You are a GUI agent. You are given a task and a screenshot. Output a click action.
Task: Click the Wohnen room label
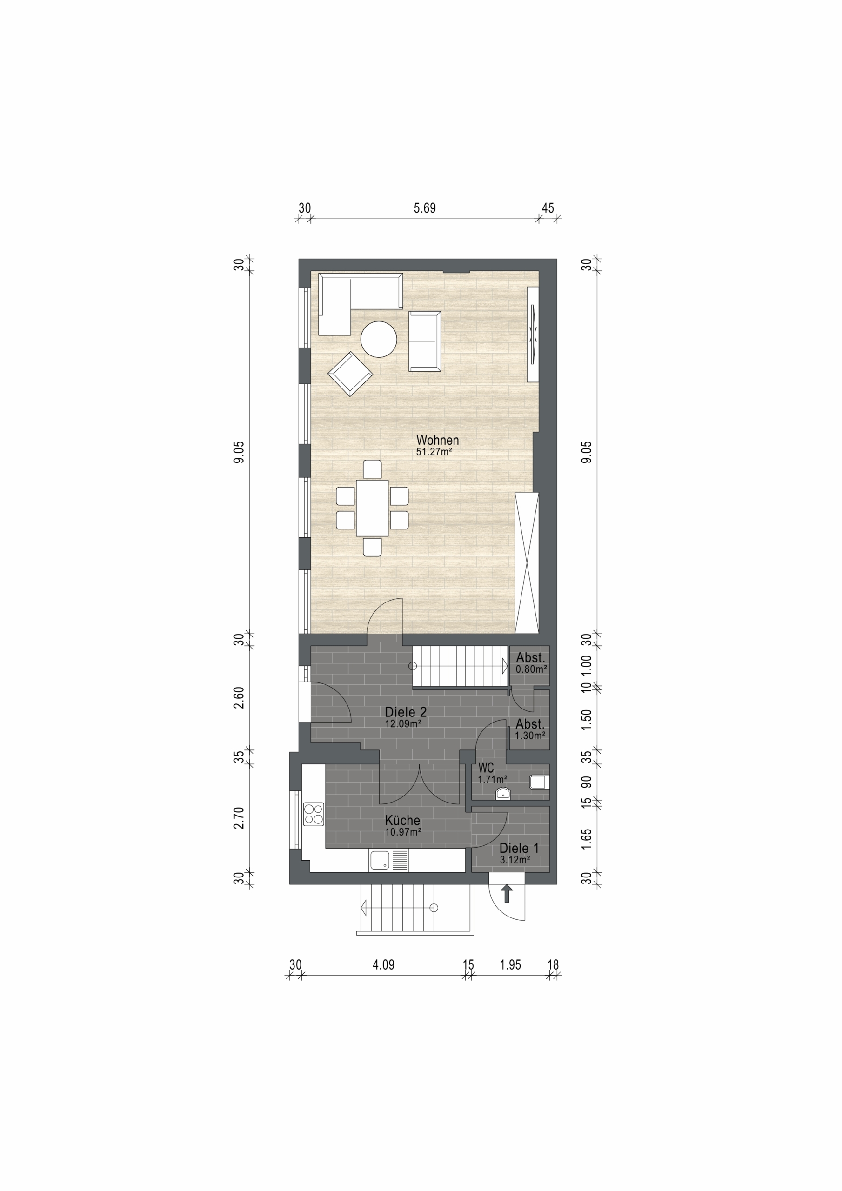pos(437,440)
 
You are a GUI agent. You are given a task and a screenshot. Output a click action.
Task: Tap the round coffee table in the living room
pos(379,339)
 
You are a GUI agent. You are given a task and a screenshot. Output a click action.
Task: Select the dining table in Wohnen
pos(372,508)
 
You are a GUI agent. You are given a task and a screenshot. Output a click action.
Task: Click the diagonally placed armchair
pos(350,374)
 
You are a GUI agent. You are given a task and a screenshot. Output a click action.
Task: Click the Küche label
pos(402,820)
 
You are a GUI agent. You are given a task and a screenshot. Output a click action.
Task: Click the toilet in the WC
pos(539,782)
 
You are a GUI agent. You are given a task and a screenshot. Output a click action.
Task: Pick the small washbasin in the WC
pos(503,793)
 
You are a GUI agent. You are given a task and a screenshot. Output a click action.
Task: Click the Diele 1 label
pos(519,848)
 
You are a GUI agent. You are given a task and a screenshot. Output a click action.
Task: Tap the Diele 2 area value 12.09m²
pos(402,723)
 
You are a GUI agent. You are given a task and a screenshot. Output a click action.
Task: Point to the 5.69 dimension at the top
pos(424,208)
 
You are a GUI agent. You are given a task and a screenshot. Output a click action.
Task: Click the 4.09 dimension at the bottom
pos(383,965)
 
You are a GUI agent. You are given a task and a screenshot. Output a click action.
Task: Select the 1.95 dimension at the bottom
pos(510,965)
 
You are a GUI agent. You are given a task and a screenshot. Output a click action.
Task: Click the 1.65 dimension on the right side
pos(586,839)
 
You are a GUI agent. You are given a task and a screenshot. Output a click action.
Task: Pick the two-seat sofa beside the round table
pos(424,341)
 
